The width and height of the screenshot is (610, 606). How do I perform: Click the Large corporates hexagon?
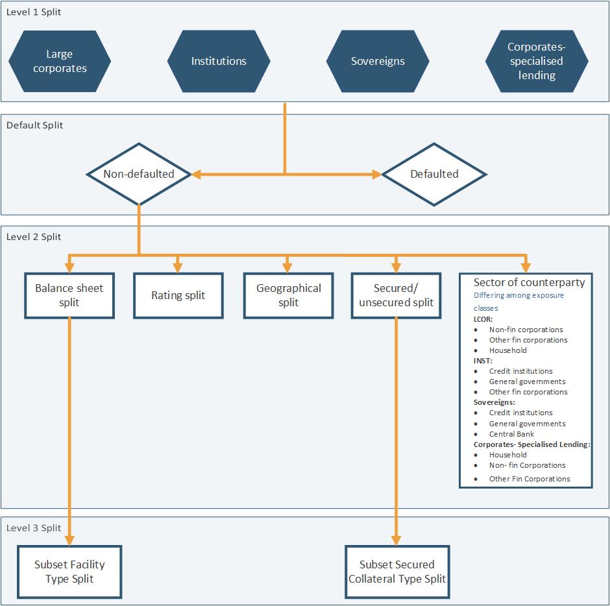59,61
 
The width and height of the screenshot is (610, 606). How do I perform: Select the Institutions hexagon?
219,61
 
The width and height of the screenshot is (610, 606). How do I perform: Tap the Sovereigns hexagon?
378,61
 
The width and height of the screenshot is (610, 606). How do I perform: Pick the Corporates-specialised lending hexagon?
536,61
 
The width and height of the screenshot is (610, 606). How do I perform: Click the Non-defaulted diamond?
139,174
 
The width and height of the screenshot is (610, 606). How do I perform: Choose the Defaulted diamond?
434,174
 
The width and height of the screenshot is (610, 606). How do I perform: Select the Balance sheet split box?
69,295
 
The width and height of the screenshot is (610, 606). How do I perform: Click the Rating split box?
178,295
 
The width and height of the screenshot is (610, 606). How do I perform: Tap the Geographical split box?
289,295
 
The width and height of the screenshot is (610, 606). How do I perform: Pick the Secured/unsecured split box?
396,295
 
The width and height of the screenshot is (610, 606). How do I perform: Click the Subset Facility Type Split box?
69,572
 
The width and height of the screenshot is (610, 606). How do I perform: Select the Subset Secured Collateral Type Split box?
397,572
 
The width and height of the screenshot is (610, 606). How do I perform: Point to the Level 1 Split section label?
34,12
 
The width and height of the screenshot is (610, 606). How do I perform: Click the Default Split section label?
35,125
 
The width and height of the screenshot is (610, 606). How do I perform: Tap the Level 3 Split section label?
34,527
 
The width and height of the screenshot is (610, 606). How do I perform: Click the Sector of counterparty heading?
529,282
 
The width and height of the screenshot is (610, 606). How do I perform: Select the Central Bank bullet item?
511,434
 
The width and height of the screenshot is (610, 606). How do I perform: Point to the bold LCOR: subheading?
483,319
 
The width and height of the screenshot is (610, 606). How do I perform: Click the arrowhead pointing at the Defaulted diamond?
377,174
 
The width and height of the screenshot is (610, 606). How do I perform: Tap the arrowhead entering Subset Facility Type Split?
69,540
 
